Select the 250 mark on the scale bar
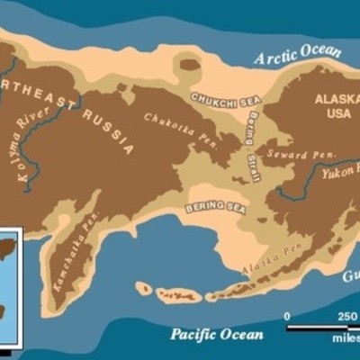(346, 316)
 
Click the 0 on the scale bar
(287, 316)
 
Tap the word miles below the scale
(344, 341)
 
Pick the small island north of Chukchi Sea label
(187, 64)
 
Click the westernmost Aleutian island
(143, 289)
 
